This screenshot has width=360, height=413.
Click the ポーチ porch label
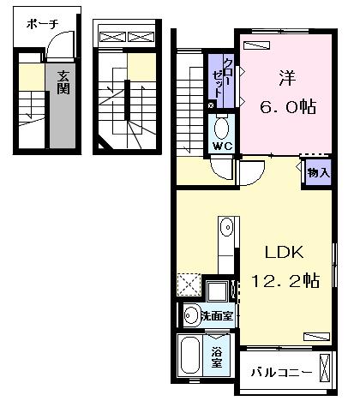[x=43, y=24]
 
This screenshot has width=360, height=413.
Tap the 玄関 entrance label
[x=63, y=82]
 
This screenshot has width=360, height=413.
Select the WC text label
[x=223, y=147]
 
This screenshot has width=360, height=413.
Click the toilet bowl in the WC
[x=221, y=128]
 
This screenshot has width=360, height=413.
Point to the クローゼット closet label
[x=223, y=78]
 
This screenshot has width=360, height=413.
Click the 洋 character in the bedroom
[x=287, y=78]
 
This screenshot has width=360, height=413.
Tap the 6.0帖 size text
[x=288, y=106]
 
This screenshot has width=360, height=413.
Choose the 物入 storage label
[x=319, y=172]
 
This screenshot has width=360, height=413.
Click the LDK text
[x=284, y=252]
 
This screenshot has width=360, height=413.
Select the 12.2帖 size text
[x=285, y=280]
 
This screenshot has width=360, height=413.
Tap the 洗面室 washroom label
[x=217, y=316]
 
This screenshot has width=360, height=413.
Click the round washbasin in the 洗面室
[x=191, y=315]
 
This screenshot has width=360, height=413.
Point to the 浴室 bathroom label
[x=217, y=357]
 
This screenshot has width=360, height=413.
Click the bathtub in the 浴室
[x=189, y=355]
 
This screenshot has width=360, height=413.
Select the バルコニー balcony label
[x=281, y=373]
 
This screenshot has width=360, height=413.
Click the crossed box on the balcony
[x=324, y=368]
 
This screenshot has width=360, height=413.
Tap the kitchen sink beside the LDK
[x=226, y=227]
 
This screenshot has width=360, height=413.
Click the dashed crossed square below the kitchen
[x=189, y=284]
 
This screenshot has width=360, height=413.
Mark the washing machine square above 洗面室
[x=218, y=291]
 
